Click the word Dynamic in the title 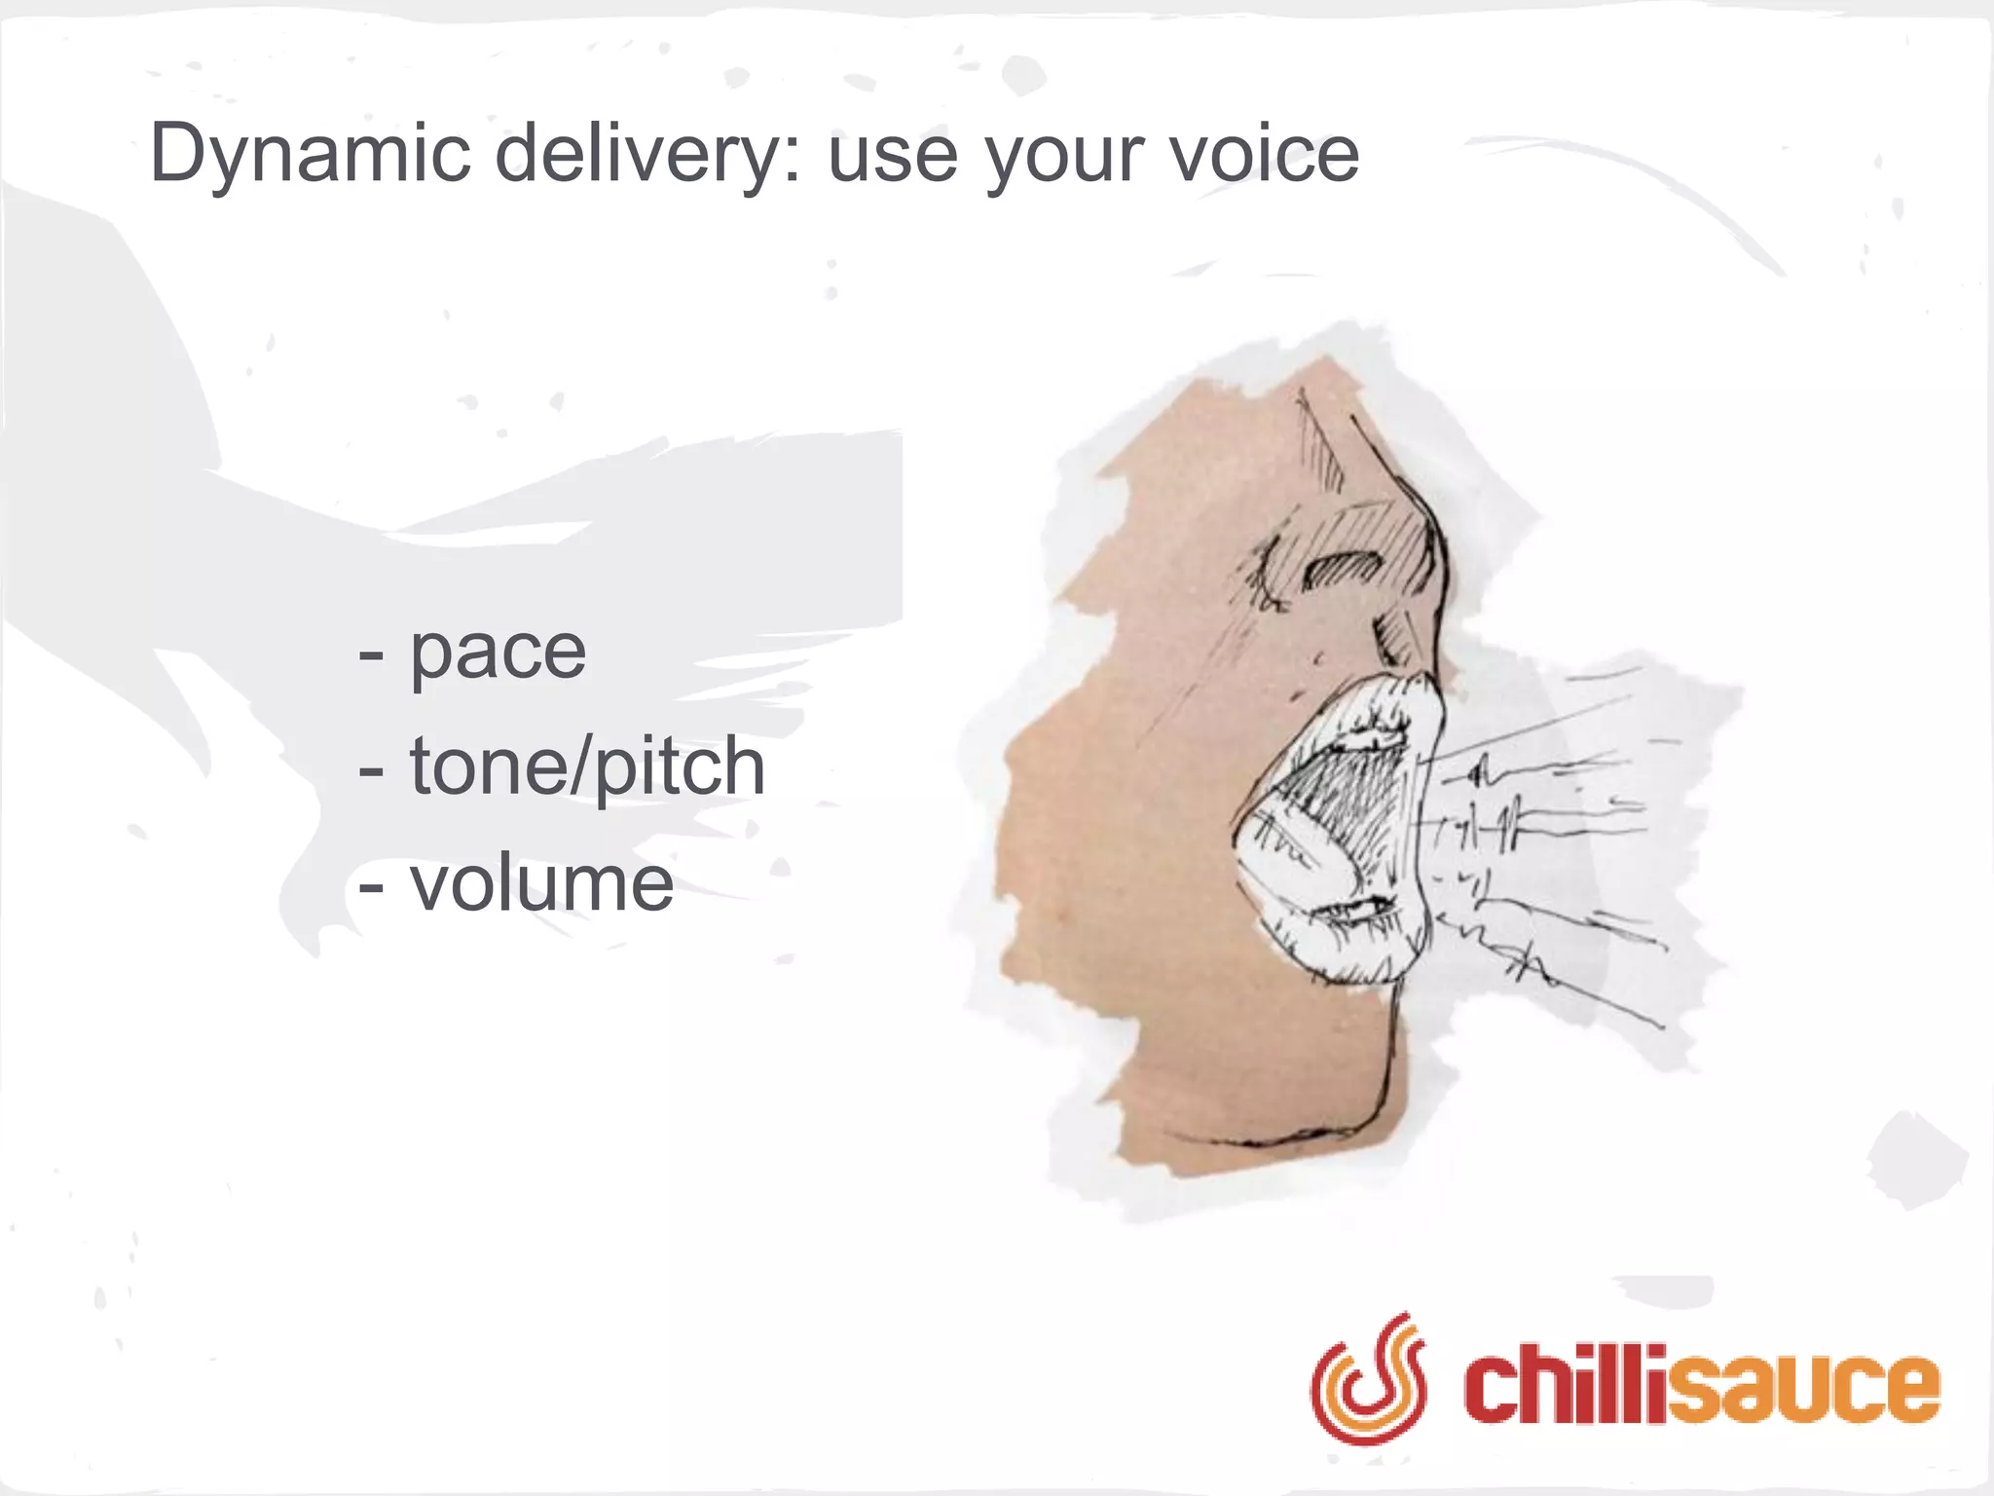pyautogui.click(x=311, y=154)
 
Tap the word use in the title pyautogui.click(x=892, y=156)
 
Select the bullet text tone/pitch pyautogui.click(x=587, y=767)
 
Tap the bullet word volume pyautogui.click(x=541, y=883)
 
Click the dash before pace pyautogui.click(x=371, y=654)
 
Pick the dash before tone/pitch pyautogui.click(x=371, y=770)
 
